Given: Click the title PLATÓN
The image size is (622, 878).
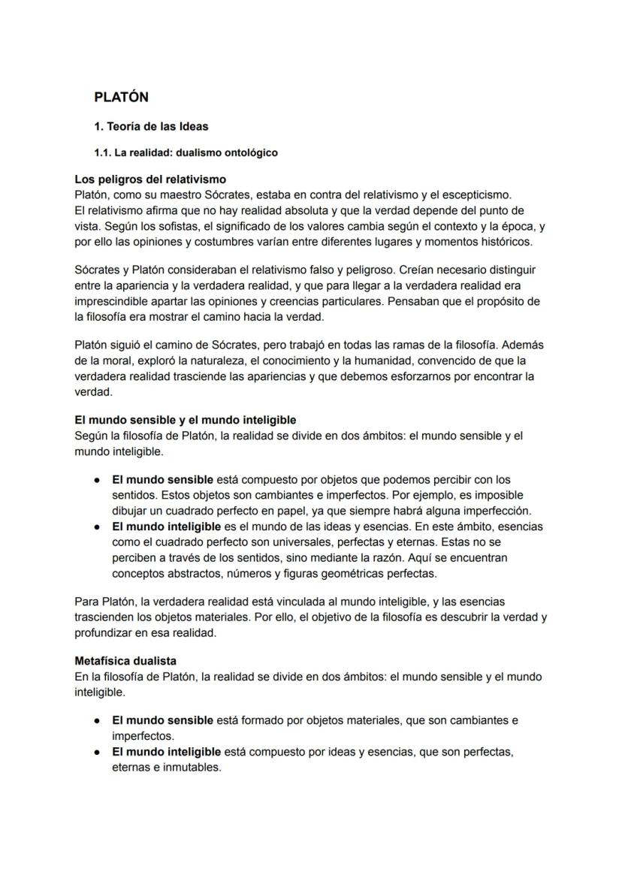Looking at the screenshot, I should coord(121,97).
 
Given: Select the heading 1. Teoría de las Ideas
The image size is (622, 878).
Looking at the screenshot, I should coord(151,126).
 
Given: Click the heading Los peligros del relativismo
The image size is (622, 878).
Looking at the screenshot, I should coord(150,180).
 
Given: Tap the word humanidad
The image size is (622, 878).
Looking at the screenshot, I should coord(364,361).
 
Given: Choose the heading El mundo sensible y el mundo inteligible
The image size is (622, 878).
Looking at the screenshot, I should coord(186,419).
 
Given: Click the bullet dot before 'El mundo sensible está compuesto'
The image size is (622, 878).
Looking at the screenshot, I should coord(98,479).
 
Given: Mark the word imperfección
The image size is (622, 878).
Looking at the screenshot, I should coord(488,511).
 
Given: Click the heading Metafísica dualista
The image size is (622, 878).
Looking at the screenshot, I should coord(125,661).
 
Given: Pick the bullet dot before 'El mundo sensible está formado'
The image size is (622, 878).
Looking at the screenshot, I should coord(98,720).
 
